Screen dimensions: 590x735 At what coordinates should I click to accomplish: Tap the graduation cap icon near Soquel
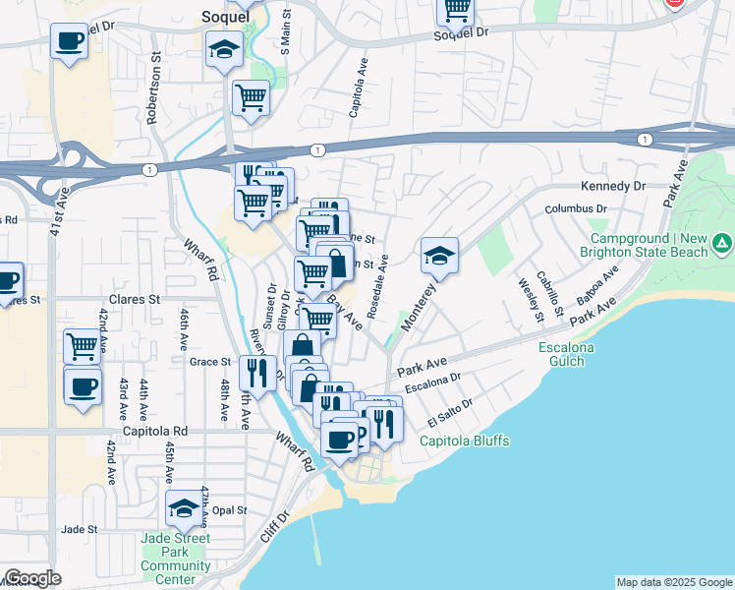(x=225, y=49)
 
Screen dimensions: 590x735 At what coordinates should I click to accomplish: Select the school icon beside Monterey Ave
(x=439, y=257)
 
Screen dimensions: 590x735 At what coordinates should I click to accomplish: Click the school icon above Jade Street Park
(x=183, y=508)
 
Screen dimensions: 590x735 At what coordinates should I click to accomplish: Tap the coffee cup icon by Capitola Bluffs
(x=340, y=439)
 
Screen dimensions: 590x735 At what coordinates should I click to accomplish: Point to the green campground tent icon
(x=722, y=242)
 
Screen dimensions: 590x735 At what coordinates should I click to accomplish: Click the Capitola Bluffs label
(x=465, y=442)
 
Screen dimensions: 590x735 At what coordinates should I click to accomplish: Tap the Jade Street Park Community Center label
(x=176, y=559)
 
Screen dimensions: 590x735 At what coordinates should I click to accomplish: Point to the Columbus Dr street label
(x=577, y=208)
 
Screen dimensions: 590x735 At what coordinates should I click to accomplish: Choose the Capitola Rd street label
(x=154, y=431)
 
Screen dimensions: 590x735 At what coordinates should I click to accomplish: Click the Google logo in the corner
(x=32, y=578)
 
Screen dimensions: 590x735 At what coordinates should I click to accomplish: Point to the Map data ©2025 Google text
(x=673, y=582)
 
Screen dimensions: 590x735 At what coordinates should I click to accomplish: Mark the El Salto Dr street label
(x=450, y=414)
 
